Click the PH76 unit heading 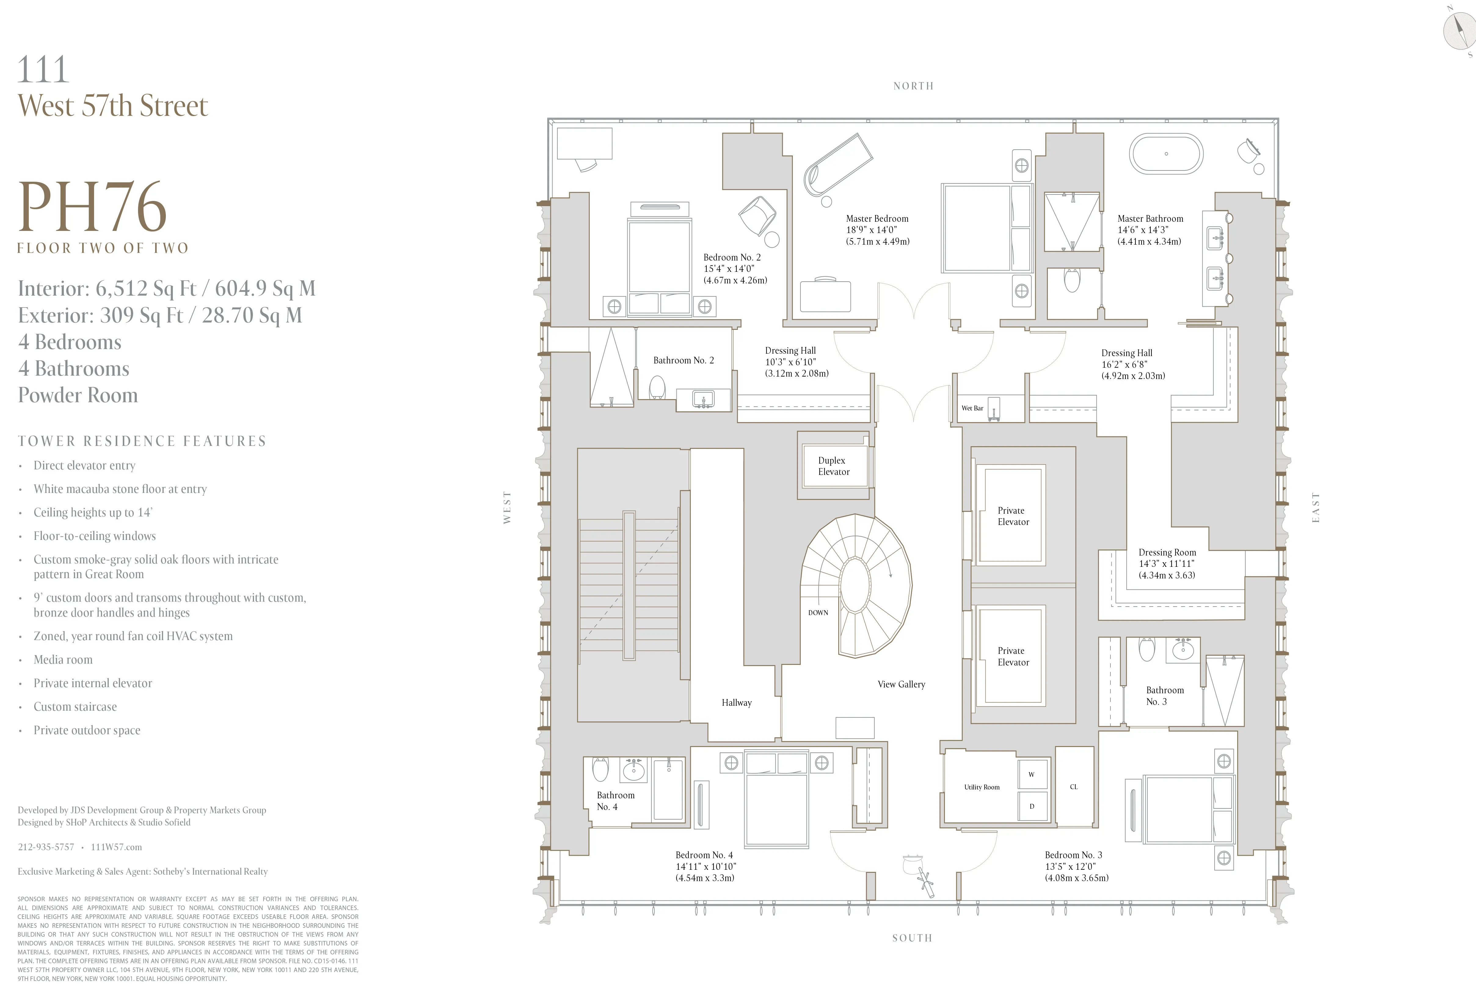[93, 207]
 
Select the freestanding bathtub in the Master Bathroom [1166, 154]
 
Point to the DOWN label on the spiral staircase [818, 613]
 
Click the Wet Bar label [972, 408]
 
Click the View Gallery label [901, 684]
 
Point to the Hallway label [736, 703]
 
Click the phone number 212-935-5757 [46, 847]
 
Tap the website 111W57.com [116, 847]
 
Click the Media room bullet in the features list [63, 660]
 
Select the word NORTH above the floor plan [913, 86]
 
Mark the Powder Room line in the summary [78, 395]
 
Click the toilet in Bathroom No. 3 [1146, 650]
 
